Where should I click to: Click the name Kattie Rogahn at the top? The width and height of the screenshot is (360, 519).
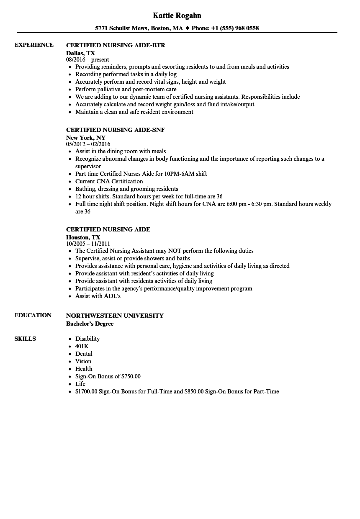tap(177, 15)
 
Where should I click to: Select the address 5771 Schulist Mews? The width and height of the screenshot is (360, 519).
tap(121, 28)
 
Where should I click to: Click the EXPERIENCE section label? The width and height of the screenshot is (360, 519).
tap(34, 45)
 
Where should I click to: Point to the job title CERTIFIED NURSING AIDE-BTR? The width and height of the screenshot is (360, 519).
tap(116, 45)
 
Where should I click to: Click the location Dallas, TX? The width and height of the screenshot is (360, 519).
tap(80, 53)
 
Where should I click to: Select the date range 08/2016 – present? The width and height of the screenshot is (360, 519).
tap(87, 60)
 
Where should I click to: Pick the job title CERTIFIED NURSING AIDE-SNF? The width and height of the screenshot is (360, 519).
tap(116, 130)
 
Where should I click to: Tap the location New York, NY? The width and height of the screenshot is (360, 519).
tap(86, 137)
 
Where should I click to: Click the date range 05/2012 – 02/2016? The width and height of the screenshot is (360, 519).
tap(88, 144)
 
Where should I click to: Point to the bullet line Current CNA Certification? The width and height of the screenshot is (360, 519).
tap(109, 181)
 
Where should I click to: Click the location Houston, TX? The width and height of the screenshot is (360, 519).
tap(83, 237)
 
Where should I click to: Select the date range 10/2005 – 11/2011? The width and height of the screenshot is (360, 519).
tap(88, 244)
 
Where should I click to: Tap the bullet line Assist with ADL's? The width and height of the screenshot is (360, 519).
tap(98, 296)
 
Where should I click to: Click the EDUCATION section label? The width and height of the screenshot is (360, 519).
tap(33, 315)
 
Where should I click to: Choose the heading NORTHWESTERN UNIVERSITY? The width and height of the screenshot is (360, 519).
tap(115, 316)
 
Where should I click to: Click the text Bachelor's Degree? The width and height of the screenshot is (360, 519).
tap(90, 324)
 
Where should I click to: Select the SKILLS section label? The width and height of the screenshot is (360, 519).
tap(25, 339)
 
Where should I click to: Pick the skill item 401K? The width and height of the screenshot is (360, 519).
tap(82, 346)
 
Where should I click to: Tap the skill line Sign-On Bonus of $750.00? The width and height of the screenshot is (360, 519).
tap(108, 376)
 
